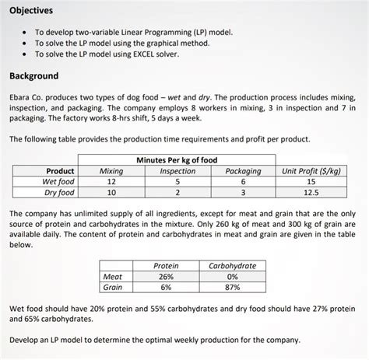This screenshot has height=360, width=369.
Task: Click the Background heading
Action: point(33,76)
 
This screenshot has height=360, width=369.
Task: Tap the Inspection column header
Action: point(177,170)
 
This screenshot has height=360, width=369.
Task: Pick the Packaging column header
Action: point(243,170)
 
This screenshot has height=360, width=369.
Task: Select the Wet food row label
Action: point(59,181)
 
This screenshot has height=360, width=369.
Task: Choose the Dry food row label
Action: point(59,192)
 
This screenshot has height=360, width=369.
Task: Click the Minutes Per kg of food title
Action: point(177,160)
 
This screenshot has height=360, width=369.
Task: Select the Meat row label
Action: point(113,276)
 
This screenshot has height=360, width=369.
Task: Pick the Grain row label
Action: point(113,287)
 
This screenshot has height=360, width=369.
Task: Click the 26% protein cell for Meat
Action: point(165,276)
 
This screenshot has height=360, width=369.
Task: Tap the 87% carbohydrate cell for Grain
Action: point(233,287)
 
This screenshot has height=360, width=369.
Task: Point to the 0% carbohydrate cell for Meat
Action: point(233,276)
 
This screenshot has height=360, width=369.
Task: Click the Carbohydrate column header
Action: point(233,265)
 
